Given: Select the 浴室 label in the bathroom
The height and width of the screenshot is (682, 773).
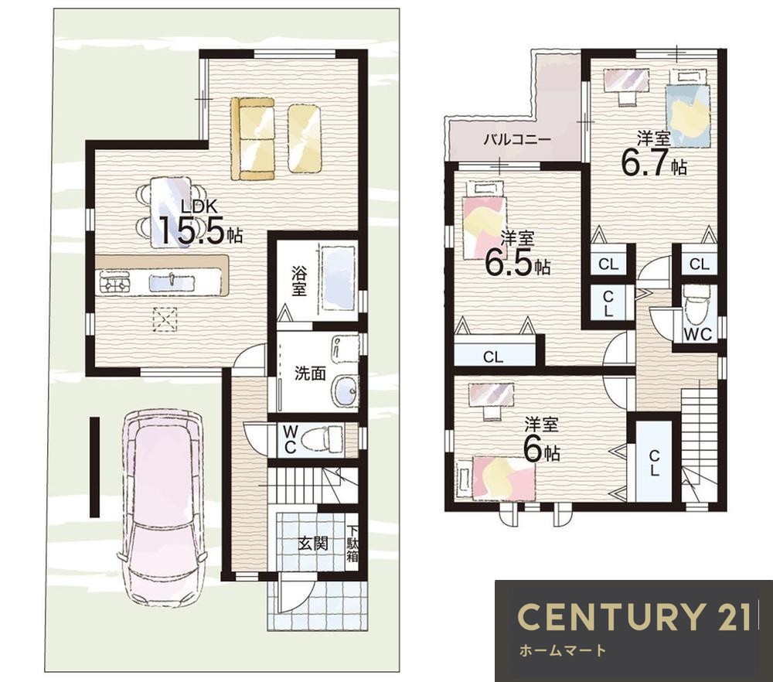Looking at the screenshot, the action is (298, 281).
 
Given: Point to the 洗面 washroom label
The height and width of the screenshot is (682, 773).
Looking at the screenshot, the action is (310, 373).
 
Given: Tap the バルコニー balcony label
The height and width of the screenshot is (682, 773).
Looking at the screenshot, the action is (516, 139).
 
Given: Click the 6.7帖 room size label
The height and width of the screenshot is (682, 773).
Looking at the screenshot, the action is (652, 162).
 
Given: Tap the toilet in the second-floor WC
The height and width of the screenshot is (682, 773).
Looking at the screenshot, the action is (696, 308).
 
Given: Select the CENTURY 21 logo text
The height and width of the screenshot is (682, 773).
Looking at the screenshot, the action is (634, 617).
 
